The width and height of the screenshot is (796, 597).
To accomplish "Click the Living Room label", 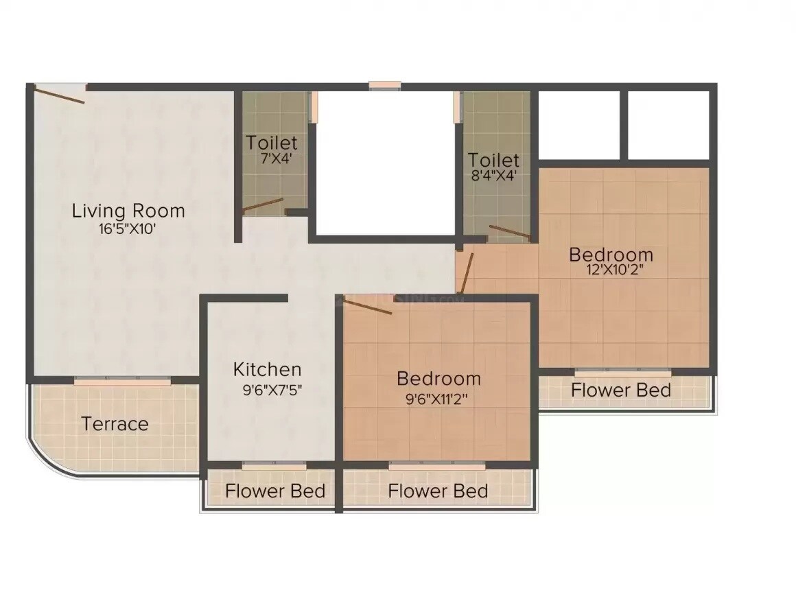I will click(128, 210).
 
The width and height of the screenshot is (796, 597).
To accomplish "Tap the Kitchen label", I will click(267, 369).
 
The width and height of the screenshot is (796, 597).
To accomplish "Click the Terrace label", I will click(115, 423).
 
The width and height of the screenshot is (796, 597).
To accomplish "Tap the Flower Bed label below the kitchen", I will click(274, 491).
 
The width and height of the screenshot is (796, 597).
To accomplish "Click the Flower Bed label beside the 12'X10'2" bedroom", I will click(621, 390).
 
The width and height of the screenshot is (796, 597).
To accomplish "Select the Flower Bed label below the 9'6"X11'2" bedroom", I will click(438, 491).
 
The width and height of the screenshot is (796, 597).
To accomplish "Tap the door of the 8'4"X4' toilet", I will click(508, 232).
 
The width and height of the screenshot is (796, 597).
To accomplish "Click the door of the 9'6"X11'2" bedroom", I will click(367, 307).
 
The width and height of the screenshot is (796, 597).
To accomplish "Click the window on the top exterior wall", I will click(384, 86).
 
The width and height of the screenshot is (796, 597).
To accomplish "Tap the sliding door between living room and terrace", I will click(122, 379).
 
